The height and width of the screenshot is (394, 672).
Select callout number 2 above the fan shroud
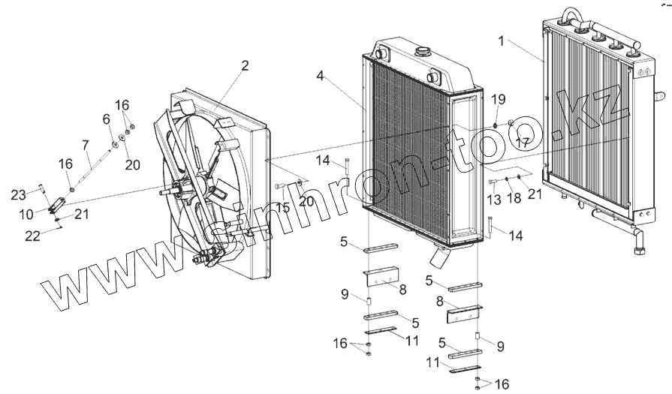(244, 65)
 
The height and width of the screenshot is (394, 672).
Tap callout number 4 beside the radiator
(320, 76)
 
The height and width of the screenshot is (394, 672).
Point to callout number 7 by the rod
(85, 143)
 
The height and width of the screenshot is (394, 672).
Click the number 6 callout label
(106, 119)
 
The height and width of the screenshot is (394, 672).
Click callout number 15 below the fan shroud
(282, 207)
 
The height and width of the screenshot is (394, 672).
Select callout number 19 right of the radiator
(498, 100)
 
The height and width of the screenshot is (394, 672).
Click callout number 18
(514, 199)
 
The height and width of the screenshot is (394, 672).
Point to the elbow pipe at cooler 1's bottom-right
(639, 245)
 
